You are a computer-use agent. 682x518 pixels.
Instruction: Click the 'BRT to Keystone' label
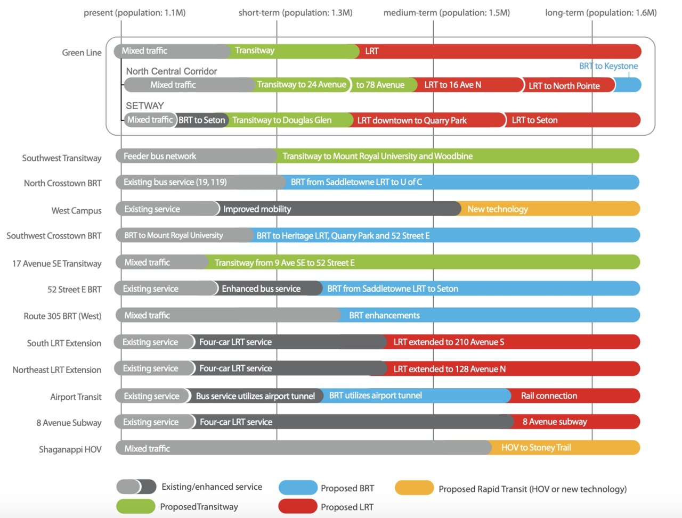point(608,66)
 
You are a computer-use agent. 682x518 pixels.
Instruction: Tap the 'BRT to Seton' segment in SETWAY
point(202,120)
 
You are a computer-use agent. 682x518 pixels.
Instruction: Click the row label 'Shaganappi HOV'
point(70,449)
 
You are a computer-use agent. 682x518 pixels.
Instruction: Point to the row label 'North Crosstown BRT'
point(62,183)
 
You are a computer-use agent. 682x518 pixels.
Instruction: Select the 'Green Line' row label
point(82,52)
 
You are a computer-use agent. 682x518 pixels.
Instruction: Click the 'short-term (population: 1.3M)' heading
point(295,12)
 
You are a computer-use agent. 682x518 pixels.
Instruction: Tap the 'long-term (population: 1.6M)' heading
point(600,12)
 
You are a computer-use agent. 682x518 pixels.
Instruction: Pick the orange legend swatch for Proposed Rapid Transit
point(414,488)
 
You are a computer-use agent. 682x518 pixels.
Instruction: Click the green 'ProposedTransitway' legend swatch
point(135,506)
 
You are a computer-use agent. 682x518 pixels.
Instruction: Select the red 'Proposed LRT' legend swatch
point(297,506)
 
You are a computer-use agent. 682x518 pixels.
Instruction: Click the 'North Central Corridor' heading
point(172,71)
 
